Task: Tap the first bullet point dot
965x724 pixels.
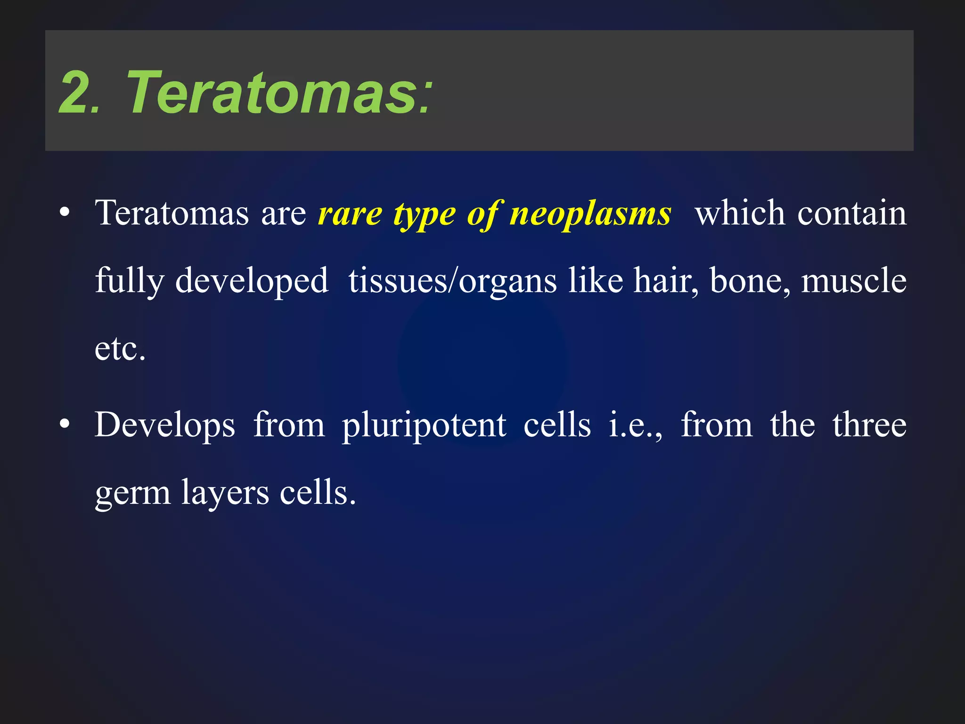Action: [65, 213]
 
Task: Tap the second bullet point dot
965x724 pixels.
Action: [65, 425]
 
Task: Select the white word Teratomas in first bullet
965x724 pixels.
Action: [172, 213]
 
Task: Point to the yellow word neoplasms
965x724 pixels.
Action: [590, 214]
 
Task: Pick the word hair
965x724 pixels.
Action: [665, 281]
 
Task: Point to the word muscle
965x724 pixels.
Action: [854, 281]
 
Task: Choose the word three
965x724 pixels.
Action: [869, 425]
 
